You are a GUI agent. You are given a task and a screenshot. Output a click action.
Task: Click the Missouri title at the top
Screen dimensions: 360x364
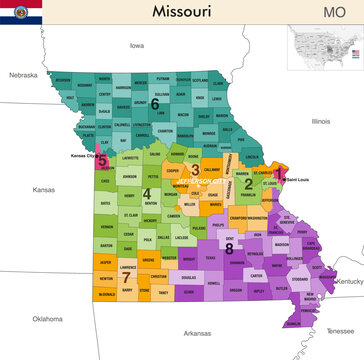tap(182, 11)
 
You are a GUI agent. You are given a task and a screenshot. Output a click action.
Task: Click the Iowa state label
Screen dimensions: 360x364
tap(137, 46)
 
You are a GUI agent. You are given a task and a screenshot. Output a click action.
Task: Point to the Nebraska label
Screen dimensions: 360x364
tap(23, 75)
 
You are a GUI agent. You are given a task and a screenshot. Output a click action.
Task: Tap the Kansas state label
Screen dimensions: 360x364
tap(44, 189)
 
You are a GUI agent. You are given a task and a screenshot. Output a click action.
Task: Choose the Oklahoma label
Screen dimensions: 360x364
tap(47, 319)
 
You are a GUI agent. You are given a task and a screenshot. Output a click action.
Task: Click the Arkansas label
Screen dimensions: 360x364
tap(184, 333)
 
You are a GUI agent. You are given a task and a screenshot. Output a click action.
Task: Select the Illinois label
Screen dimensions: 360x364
tap(320, 121)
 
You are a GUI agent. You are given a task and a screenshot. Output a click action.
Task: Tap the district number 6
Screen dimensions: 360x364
tap(154, 102)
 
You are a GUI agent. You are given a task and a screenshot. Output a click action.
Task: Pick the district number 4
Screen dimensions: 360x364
tap(146, 193)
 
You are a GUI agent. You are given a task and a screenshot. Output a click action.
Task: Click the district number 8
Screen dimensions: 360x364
tap(229, 247)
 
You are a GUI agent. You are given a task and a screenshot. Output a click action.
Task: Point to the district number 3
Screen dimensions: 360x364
tap(195, 169)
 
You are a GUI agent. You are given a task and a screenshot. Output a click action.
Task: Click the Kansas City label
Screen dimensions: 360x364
tap(85, 157)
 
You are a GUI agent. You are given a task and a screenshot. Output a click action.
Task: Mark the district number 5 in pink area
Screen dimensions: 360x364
tap(102, 158)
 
